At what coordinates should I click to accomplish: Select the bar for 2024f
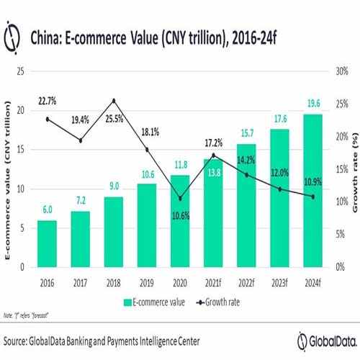click(x=312, y=190)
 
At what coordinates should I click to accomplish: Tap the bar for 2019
click(x=147, y=225)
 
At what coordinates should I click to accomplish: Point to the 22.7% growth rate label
click(x=47, y=102)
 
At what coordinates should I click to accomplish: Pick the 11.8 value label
click(x=179, y=165)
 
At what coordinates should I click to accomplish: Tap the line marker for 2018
click(x=114, y=101)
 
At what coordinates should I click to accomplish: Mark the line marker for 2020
click(x=180, y=199)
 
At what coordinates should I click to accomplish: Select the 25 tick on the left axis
click(x=21, y=71)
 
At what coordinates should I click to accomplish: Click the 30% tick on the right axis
click(x=341, y=71)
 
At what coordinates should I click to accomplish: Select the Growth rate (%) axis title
click(x=354, y=171)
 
